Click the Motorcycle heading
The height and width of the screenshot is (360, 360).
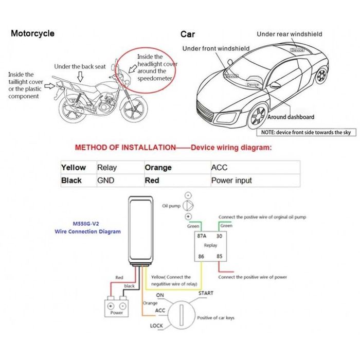(32, 33)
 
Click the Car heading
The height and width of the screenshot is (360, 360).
(188, 34)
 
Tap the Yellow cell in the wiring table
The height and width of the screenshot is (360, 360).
(74, 168)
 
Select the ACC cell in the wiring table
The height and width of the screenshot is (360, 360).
(219, 168)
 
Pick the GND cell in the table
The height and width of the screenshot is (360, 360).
(105, 181)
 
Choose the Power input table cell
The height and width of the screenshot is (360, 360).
(231, 181)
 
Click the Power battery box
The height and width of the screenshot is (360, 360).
(117, 307)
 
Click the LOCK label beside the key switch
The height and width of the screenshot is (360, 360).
(156, 326)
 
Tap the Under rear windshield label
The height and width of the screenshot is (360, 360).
(290, 34)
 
